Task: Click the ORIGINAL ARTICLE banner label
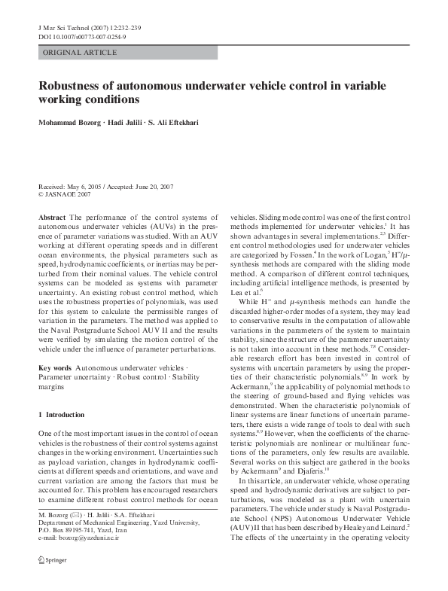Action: click(80, 53)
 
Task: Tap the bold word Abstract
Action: click(52, 217)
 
